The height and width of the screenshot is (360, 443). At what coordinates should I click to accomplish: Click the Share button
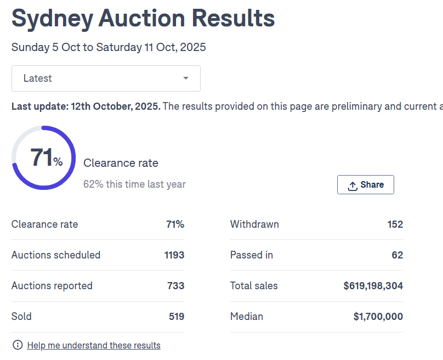click(365, 185)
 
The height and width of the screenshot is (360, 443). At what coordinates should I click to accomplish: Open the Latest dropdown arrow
click(186, 78)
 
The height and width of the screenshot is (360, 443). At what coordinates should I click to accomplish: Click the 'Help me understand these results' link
click(94, 345)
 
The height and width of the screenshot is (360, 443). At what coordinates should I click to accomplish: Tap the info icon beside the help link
click(18, 345)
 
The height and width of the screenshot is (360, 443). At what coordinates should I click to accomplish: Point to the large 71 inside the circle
click(42, 157)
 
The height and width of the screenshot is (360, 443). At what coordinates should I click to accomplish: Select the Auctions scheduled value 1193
click(174, 255)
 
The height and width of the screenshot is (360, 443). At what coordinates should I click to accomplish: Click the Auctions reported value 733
click(175, 286)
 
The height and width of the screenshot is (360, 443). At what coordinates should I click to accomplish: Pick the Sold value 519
click(176, 317)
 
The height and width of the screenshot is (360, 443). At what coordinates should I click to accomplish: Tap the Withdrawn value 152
click(395, 224)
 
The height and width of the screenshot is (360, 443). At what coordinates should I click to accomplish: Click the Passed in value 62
click(397, 255)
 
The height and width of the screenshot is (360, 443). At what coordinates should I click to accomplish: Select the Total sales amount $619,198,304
click(373, 286)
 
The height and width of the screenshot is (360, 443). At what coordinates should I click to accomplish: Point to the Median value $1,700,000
click(378, 317)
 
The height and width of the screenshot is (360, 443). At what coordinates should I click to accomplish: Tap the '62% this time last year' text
click(134, 184)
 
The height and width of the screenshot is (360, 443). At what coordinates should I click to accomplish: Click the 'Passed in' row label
click(251, 255)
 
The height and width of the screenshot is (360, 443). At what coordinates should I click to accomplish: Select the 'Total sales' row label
click(254, 286)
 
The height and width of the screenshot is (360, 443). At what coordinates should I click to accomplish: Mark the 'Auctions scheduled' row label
click(56, 255)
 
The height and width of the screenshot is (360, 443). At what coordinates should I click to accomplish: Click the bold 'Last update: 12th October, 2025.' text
click(86, 106)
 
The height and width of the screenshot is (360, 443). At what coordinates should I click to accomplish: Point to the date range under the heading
click(109, 47)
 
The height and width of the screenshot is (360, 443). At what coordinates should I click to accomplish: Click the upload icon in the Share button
click(353, 185)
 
